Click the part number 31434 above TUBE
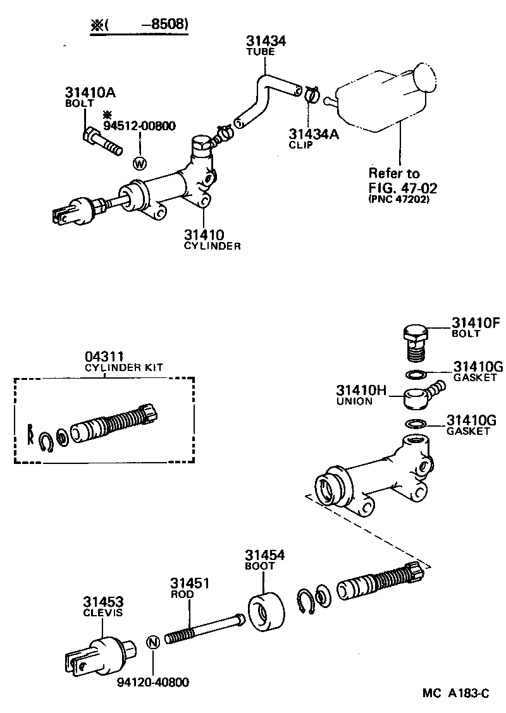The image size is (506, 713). [x=266, y=41]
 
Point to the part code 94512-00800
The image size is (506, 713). [x=139, y=126]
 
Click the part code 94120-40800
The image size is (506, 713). [x=152, y=682]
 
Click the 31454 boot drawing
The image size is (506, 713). [x=264, y=611]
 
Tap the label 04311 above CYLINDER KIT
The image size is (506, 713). [x=104, y=356]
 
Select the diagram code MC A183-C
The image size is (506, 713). [x=456, y=693]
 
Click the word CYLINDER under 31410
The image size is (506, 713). [x=212, y=246]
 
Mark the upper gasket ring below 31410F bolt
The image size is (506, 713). [x=416, y=374]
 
